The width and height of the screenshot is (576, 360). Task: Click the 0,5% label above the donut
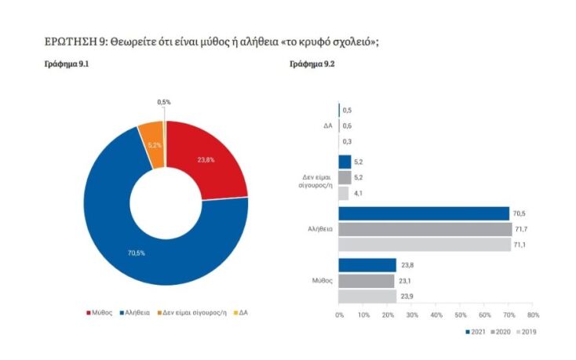[x=164, y=102]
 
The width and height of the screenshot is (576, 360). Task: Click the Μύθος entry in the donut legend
[x=99, y=311]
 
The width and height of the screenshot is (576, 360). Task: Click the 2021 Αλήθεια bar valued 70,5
[x=424, y=213]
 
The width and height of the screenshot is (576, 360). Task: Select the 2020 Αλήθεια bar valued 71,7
[x=425, y=229]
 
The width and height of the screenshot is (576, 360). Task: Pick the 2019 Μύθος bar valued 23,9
[x=367, y=296]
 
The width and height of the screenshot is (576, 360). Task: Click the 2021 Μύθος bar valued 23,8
[x=367, y=265]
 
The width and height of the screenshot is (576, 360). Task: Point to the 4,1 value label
[x=359, y=194]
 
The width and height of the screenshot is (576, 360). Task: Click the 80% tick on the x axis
[x=534, y=315]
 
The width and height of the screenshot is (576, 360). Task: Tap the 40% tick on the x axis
[x=436, y=315]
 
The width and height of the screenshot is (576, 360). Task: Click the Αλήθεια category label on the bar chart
[x=320, y=229]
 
